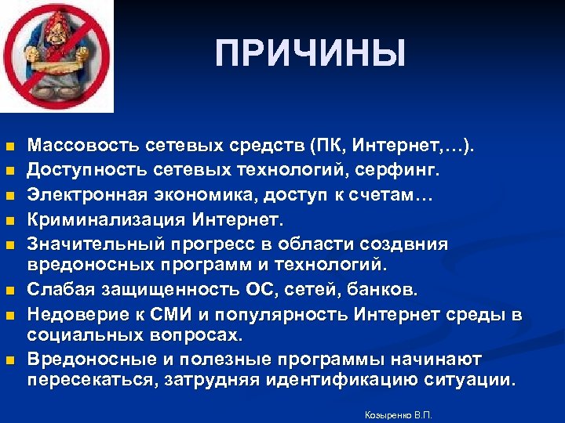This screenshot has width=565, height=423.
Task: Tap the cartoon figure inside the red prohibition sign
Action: pos(55,55)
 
